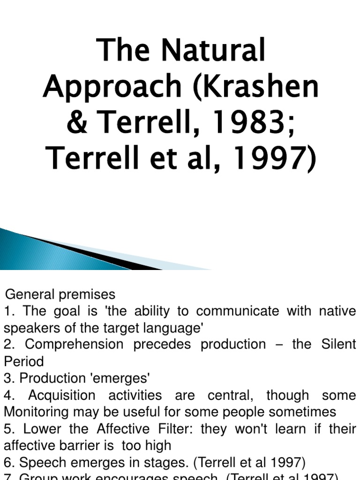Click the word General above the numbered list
click(30, 294)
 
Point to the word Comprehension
click(75, 345)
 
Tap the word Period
click(23, 361)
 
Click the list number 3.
click(8, 378)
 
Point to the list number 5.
click(8, 429)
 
